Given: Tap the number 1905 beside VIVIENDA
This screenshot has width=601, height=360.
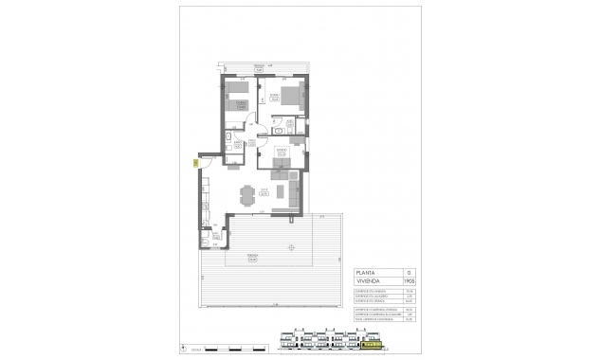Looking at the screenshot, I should coord(409,280).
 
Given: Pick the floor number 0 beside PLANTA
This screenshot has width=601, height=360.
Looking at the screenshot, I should coord(409,270).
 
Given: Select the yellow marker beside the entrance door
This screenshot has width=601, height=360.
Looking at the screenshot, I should coord(194,163).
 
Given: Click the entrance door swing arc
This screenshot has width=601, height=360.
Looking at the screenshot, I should coord(206,161).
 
